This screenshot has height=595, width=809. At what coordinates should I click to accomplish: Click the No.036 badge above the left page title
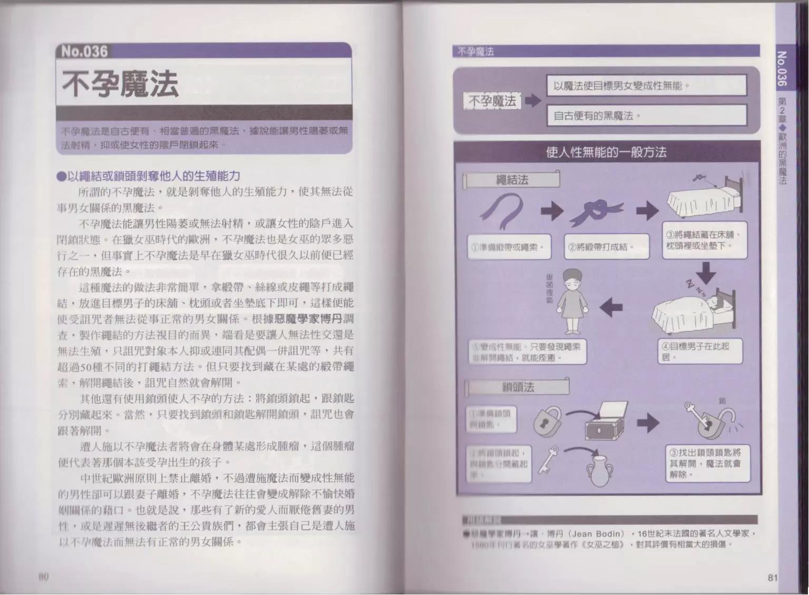click(x=84, y=51)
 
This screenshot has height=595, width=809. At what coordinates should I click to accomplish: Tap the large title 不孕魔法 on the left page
click(x=120, y=84)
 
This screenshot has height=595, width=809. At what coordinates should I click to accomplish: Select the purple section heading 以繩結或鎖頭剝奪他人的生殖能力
click(x=149, y=175)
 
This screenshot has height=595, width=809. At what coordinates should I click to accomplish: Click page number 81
click(x=773, y=578)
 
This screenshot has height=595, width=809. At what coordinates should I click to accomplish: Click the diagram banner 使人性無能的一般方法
click(x=606, y=152)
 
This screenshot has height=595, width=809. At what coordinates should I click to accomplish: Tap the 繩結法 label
click(x=512, y=180)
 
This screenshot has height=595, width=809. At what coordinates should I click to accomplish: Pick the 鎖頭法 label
click(x=518, y=387)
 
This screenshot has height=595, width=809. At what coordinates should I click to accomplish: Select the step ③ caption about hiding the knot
click(x=704, y=240)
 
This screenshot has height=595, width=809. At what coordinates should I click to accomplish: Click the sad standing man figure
click(x=570, y=300)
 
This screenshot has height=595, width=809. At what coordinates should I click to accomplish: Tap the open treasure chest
click(x=607, y=421)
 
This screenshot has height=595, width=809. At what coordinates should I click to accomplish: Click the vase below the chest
click(x=600, y=469)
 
